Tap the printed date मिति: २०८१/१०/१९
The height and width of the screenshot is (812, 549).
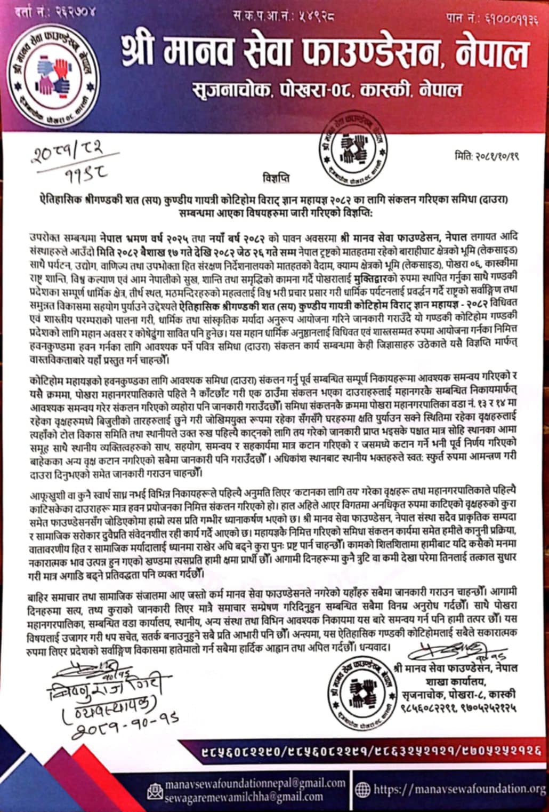pos(487,156)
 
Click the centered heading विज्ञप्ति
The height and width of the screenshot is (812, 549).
pos(276,176)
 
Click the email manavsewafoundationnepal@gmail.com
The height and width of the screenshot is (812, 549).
pos(255,783)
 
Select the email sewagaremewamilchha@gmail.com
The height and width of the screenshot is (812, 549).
pos(244,797)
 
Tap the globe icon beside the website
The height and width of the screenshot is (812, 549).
pos(362,790)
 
